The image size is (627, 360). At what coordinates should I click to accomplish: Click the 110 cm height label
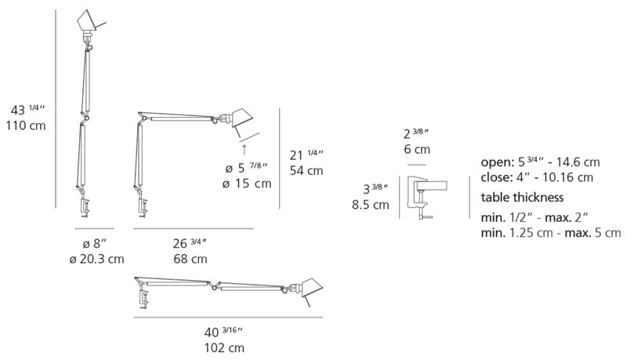26,125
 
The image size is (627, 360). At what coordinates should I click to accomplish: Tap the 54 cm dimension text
306,171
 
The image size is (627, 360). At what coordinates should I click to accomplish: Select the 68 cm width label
190,259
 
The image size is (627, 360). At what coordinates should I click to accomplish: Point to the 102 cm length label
224,348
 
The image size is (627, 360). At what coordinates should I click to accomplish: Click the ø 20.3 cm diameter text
96,259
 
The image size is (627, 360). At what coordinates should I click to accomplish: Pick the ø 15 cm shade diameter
247,184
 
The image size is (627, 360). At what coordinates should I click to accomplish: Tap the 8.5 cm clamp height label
371,205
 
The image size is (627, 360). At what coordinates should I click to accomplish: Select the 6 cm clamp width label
417,150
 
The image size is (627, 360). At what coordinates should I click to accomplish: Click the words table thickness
522,197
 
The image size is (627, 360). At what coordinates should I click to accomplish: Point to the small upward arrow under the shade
245,150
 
